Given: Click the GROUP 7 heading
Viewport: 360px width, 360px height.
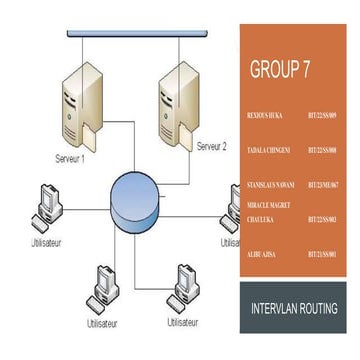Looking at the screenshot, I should point(279,70).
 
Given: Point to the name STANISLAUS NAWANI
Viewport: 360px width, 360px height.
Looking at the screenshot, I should point(268,185).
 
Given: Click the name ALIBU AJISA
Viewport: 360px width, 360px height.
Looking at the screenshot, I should point(262,255).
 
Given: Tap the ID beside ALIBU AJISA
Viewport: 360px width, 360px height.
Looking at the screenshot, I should point(323,255).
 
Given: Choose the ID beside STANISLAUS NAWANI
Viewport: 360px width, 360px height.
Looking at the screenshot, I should point(323,185).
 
